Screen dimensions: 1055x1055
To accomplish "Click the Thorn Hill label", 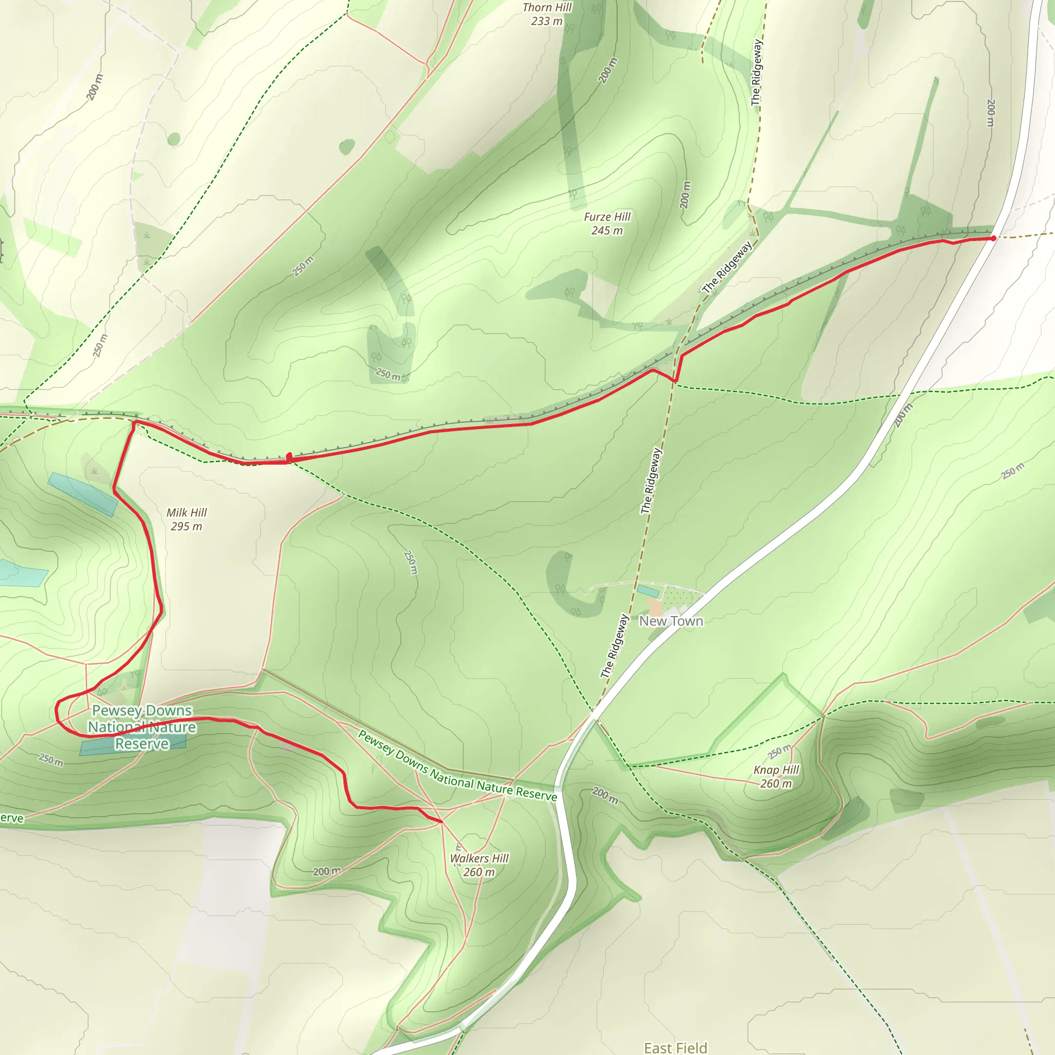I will pos(547,8).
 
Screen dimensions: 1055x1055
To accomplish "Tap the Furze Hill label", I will pos(607,217).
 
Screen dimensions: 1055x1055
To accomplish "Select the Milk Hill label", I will pos(187,512).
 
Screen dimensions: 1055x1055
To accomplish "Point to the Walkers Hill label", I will pos(479,858).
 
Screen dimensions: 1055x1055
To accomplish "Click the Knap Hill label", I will pos(776,770).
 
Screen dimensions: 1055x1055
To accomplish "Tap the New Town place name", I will pos(671,621).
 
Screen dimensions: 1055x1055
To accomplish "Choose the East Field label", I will pos(675,1047).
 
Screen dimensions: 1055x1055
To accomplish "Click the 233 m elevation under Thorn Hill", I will pos(547,21).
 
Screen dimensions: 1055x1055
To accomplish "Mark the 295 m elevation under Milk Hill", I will pos(186,526).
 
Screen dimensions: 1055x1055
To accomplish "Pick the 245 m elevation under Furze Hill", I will pos(607,230).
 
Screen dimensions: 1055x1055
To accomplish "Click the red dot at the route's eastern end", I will pos(993,238).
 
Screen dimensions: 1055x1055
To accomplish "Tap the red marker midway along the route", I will pos(290,456).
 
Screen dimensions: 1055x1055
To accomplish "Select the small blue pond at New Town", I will pos(648,591).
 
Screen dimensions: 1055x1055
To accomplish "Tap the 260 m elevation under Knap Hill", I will pos(776,784).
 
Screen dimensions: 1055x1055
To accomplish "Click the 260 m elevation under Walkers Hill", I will pos(479,872).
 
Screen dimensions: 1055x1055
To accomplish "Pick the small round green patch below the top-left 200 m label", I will pos(174,139).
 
